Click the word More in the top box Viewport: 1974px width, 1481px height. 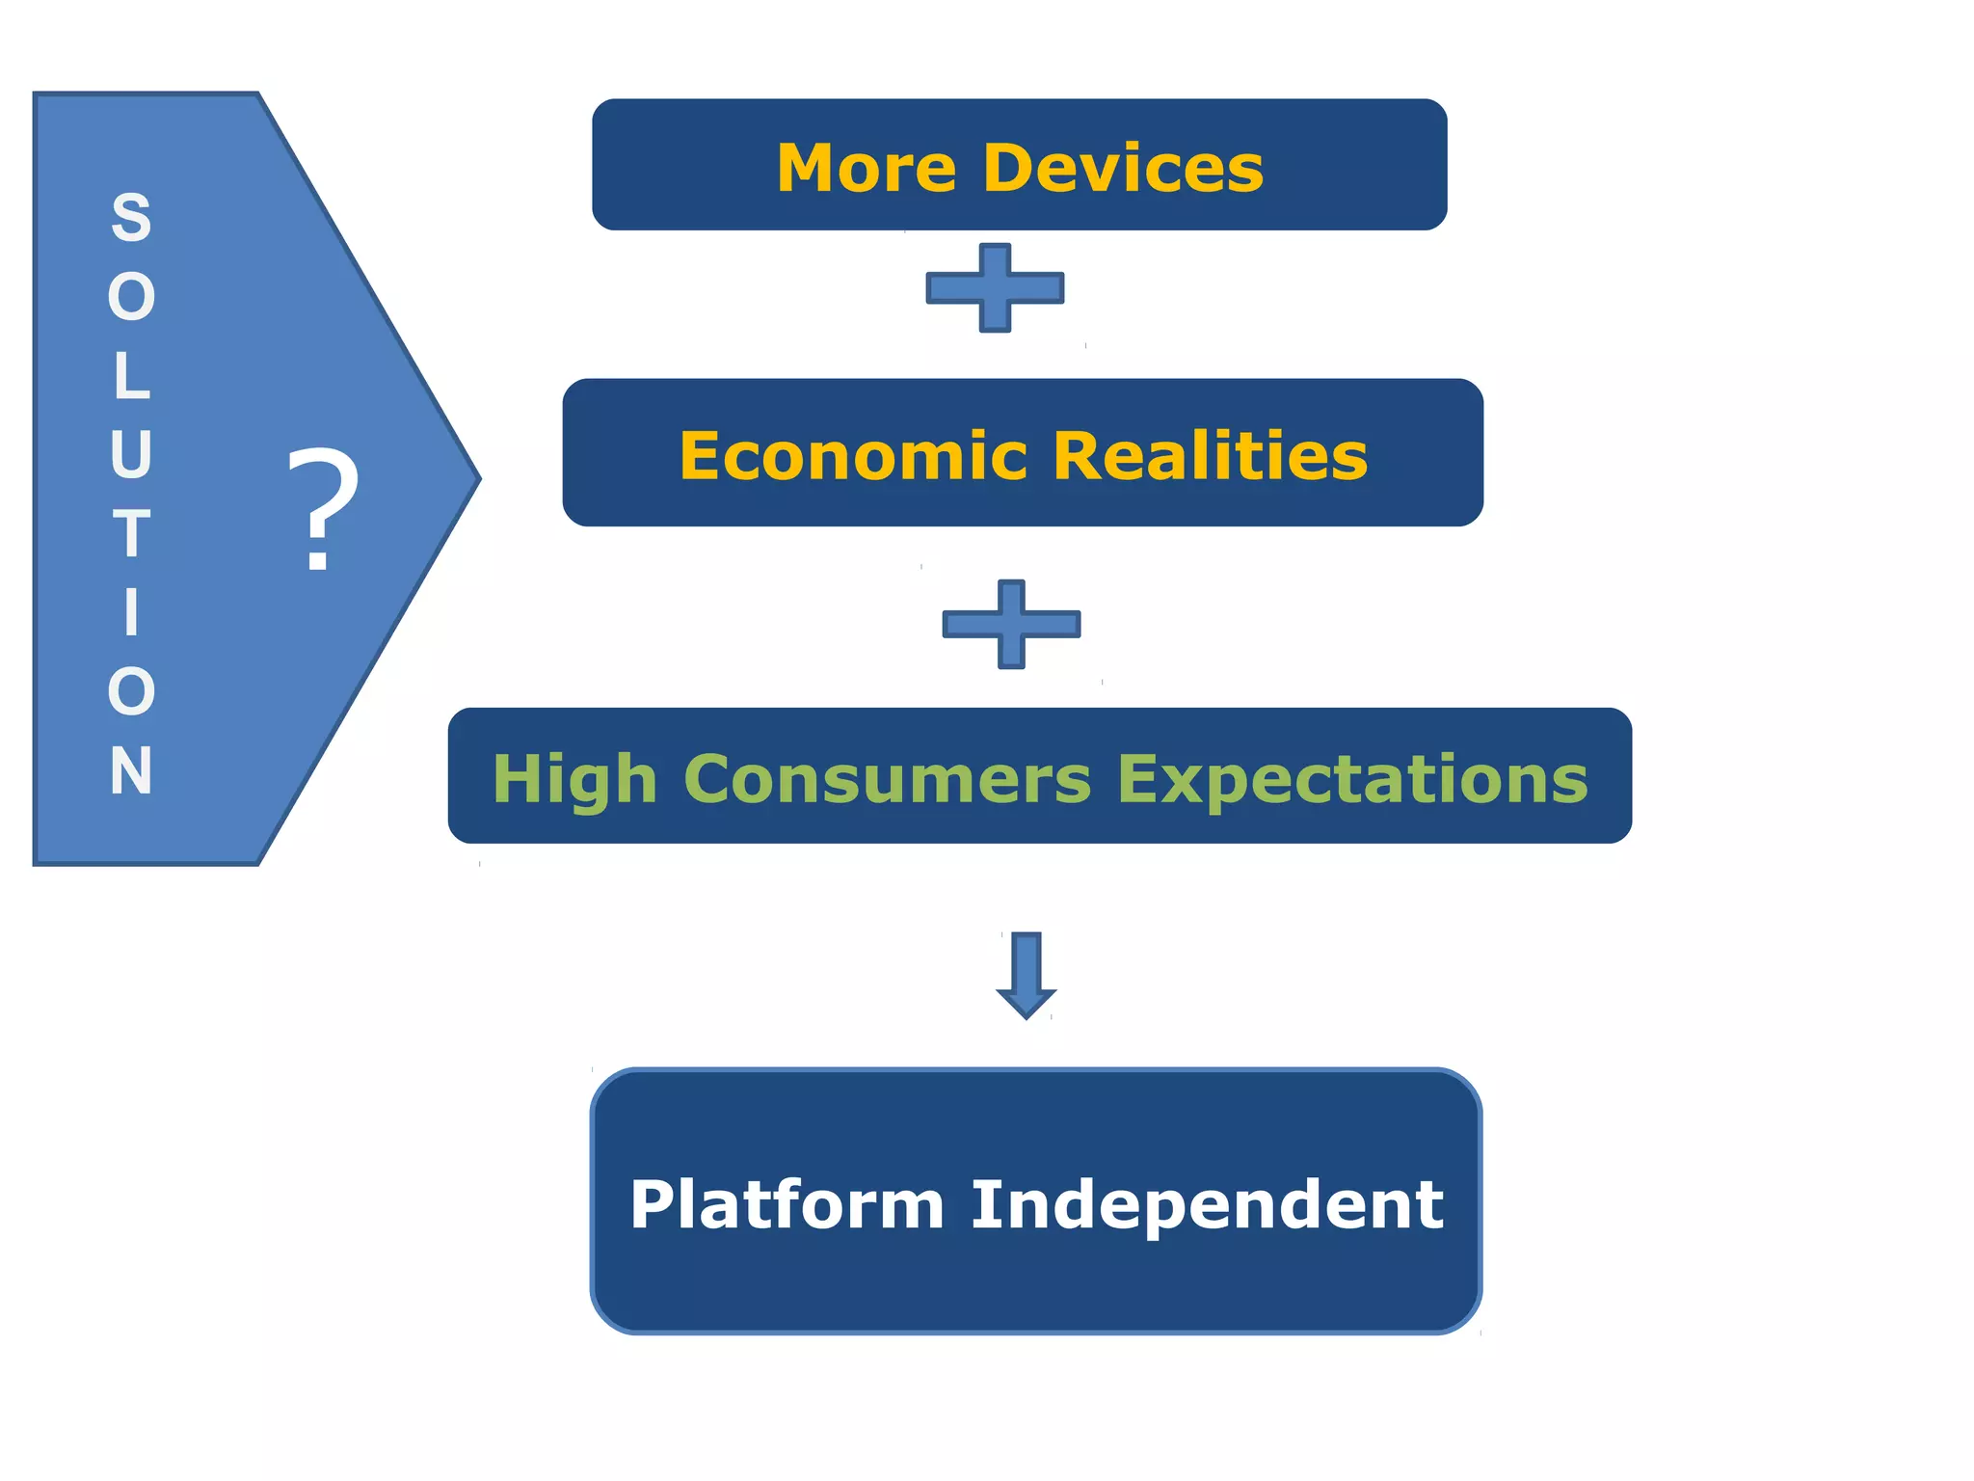867,169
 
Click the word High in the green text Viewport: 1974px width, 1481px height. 574,779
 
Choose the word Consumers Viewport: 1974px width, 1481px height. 888,779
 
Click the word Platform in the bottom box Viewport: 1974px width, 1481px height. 787,1204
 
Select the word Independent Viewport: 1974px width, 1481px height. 1207,1204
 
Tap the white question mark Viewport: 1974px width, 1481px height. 323,510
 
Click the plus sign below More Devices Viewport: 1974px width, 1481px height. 995,287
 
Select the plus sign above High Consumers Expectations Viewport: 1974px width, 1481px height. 1011,624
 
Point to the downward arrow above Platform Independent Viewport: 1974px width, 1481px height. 1026,974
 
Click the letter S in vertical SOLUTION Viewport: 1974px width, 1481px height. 131,218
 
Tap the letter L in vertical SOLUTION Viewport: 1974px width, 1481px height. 131,376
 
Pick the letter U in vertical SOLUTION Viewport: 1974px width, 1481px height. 131,454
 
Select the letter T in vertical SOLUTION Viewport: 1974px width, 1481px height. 131,533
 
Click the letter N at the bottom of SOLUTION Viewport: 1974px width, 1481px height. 131,770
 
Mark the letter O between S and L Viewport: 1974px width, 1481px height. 131,297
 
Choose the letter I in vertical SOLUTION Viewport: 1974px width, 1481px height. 131,612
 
